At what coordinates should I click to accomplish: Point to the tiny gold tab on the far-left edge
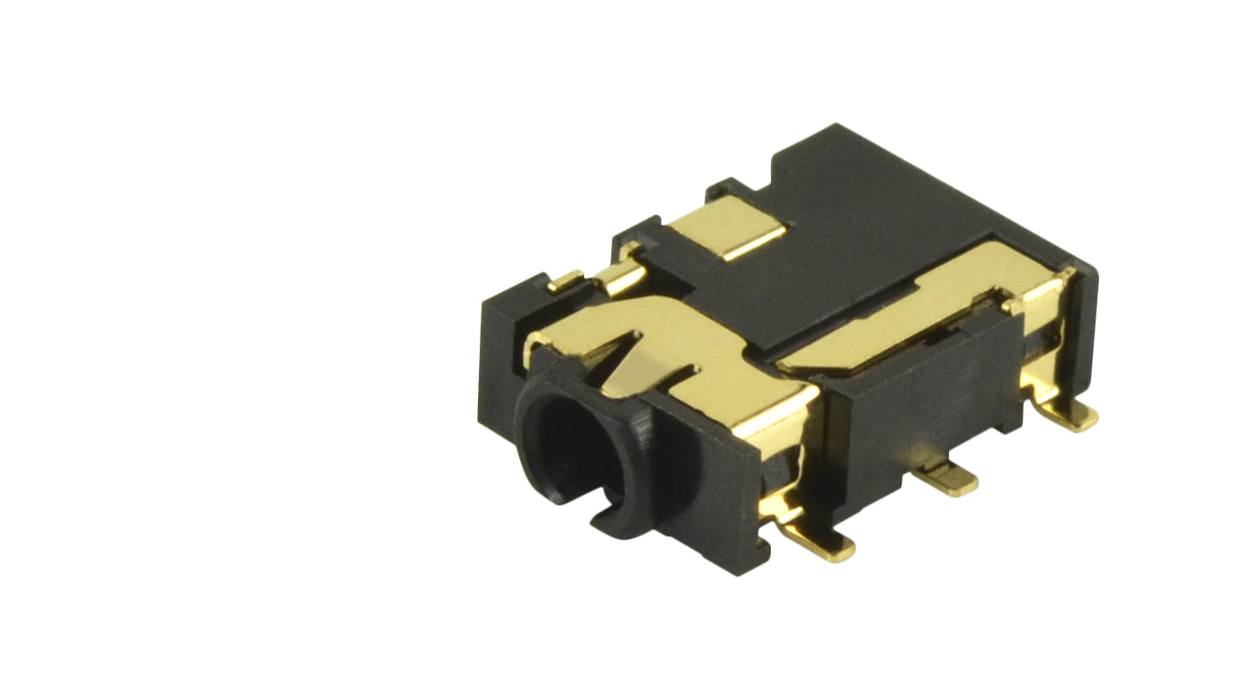[x=565, y=281]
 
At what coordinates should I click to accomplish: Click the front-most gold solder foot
[x=824, y=545]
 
